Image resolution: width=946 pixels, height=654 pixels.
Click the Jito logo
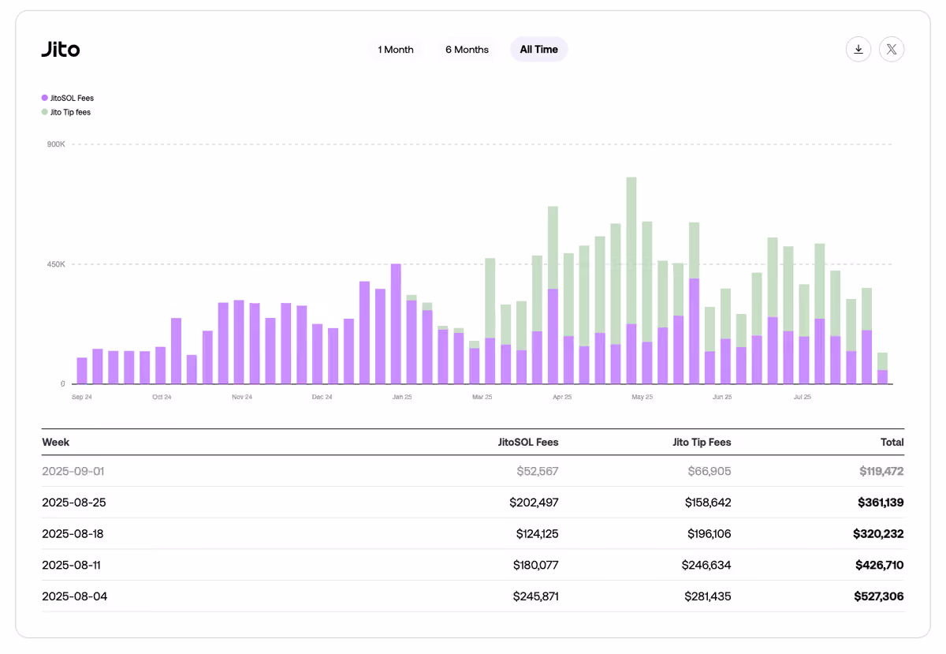61,50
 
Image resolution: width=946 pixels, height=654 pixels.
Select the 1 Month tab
395,50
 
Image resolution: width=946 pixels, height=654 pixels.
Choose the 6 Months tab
467,50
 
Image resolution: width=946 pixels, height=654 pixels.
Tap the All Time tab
538,50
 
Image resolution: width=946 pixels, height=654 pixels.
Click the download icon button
858,50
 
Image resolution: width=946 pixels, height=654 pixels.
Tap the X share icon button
892,50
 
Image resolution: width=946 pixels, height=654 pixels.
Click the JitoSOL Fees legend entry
68,98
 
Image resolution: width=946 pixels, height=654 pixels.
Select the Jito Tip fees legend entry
66,112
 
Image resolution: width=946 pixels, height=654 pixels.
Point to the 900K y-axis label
56,144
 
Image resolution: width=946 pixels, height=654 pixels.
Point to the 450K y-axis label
56,264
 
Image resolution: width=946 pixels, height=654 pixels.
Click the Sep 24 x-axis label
81,397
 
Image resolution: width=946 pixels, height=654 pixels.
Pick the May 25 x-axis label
642,397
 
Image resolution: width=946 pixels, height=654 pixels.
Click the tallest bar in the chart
631,281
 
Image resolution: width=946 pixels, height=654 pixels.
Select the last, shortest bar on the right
882,368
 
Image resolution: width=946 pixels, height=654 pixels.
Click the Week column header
55,443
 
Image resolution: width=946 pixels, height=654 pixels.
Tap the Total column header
892,443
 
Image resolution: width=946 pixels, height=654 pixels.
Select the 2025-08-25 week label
74,503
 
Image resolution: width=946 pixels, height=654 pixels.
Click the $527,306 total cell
879,596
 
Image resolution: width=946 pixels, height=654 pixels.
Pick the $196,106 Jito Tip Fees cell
709,533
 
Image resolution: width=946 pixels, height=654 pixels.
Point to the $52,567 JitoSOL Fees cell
538,471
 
